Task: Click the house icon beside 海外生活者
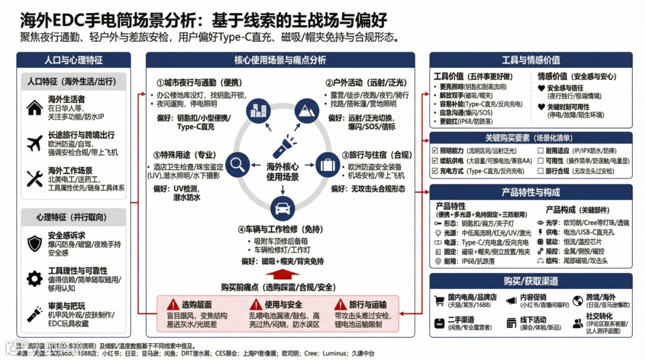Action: pyautogui.click(x=34, y=108)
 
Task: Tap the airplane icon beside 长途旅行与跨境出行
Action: pyautogui.click(x=34, y=144)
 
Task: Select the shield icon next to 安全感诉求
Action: pyautogui.click(x=34, y=243)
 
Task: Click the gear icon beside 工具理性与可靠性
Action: pyautogui.click(x=34, y=278)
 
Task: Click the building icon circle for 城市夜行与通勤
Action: pyautogui.click(x=257, y=111)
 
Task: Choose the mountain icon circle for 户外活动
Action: pyautogui.click(x=307, y=111)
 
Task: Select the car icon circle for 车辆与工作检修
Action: pyautogui.click(x=282, y=209)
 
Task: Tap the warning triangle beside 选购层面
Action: pyautogui.click(x=173, y=304)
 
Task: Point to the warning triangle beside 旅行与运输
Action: pyautogui.click(x=340, y=304)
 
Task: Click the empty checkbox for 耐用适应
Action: pyautogui.click(x=540, y=151)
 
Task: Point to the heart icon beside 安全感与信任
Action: pyautogui.click(x=541, y=88)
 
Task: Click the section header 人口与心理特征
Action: pyautogui.click(x=74, y=60)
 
